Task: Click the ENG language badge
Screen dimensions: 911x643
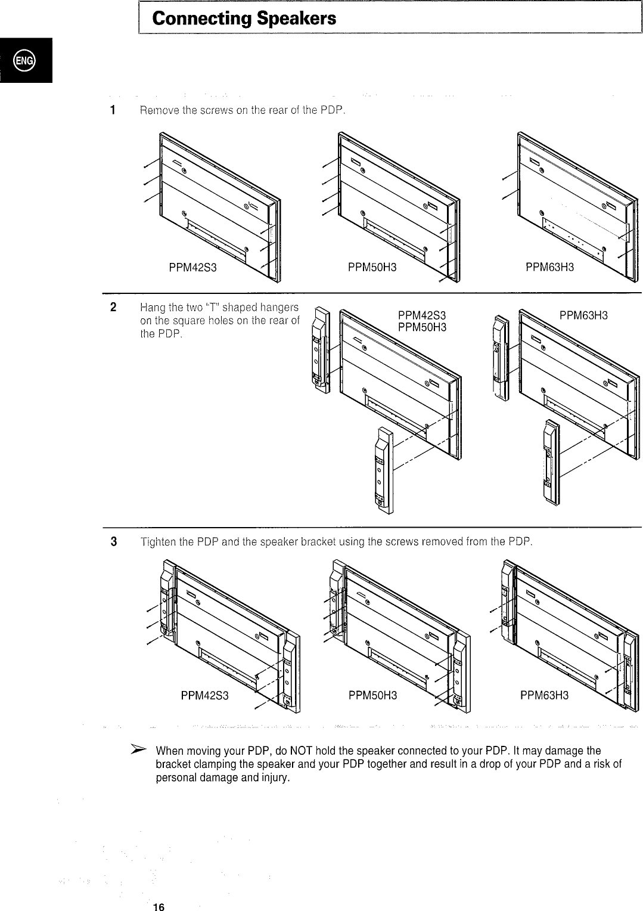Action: pyautogui.click(x=26, y=60)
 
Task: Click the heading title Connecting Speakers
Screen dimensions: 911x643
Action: pyautogui.click(x=244, y=19)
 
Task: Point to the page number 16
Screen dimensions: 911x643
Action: pyautogui.click(x=159, y=907)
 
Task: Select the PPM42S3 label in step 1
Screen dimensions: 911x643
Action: pyautogui.click(x=192, y=268)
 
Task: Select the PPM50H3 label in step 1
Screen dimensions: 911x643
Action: pyautogui.click(x=372, y=268)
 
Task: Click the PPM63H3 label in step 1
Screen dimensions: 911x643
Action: pyautogui.click(x=549, y=268)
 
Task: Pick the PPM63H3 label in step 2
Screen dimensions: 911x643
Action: pyautogui.click(x=583, y=315)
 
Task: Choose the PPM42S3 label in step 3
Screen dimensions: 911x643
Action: pyautogui.click(x=204, y=696)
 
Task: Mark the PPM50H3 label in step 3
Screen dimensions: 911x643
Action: pyautogui.click(x=372, y=696)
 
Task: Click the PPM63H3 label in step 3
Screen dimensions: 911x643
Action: pyautogui.click(x=544, y=696)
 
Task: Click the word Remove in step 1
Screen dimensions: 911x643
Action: pyautogui.click(x=157, y=110)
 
